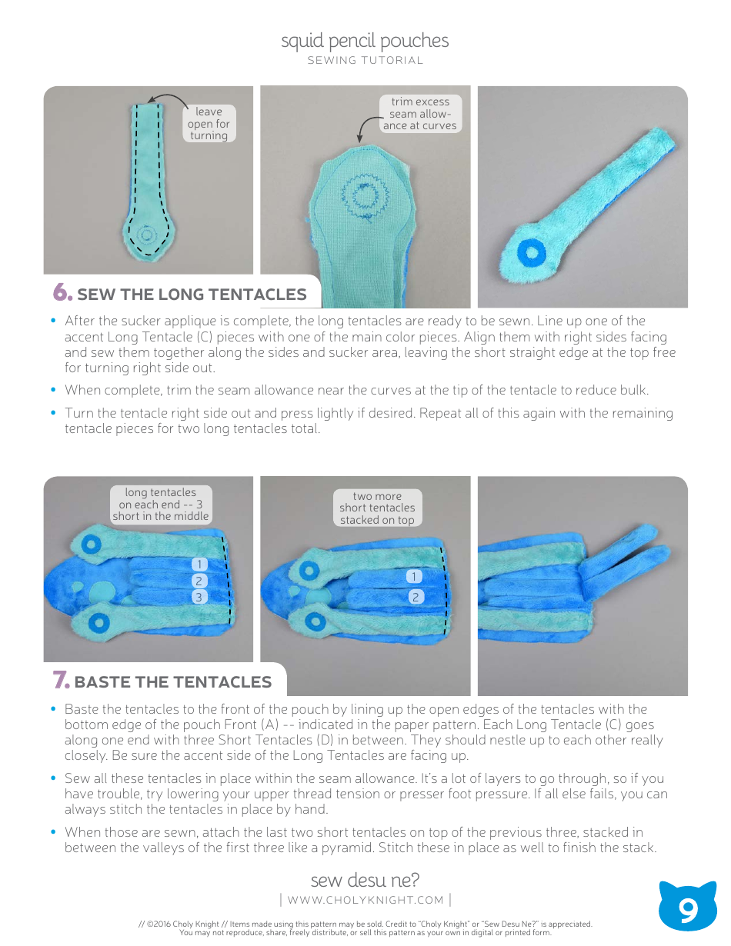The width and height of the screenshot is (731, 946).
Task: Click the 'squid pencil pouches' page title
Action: pos(365,41)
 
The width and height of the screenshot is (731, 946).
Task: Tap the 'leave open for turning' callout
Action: pos(209,124)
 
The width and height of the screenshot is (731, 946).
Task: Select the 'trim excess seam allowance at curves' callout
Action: pos(420,114)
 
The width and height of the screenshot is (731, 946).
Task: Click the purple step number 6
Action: pos(62,293)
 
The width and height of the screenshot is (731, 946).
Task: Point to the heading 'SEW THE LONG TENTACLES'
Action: pos(192,295)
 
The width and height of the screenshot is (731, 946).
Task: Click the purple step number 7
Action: pos(61,681)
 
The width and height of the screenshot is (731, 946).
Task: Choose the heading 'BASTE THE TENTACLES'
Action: pos(173,682)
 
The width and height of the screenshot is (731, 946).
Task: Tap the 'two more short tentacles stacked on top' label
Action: pos(377,508)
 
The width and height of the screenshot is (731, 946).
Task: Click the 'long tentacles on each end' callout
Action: pos(160,505)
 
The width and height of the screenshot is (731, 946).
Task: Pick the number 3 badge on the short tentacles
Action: pos(199,597)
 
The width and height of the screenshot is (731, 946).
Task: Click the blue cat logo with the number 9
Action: pos(688,908)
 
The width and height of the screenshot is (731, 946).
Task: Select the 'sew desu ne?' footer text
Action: pos(365,880)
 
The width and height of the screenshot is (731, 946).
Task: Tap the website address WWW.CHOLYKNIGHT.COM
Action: pos(365,900)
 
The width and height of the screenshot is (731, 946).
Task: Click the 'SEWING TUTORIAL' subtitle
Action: pos(365,61)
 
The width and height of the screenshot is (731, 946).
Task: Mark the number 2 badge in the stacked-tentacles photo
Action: pos(415,597)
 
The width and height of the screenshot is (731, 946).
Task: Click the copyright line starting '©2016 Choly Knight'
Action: pos(365,924)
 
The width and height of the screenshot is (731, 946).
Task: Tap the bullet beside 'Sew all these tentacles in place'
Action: pos(54,778)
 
